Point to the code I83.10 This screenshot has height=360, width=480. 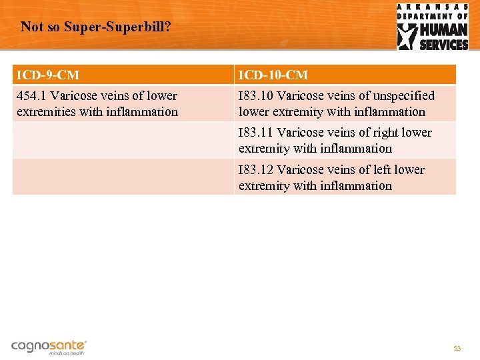[x=256, y=96]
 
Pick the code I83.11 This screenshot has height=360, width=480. [x=256, y=133]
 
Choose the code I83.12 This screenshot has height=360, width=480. [x=256, y=170]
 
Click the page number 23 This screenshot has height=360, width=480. [x=457, y=349]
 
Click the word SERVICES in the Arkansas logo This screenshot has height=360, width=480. [x=443, y=45]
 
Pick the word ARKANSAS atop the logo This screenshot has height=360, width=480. [x=433, y=7]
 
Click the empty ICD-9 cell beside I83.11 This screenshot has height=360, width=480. [x=123, y=140]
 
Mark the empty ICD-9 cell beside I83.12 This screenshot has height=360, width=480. [x=123, y=177]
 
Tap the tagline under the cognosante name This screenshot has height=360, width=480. [x=67, y=353]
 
